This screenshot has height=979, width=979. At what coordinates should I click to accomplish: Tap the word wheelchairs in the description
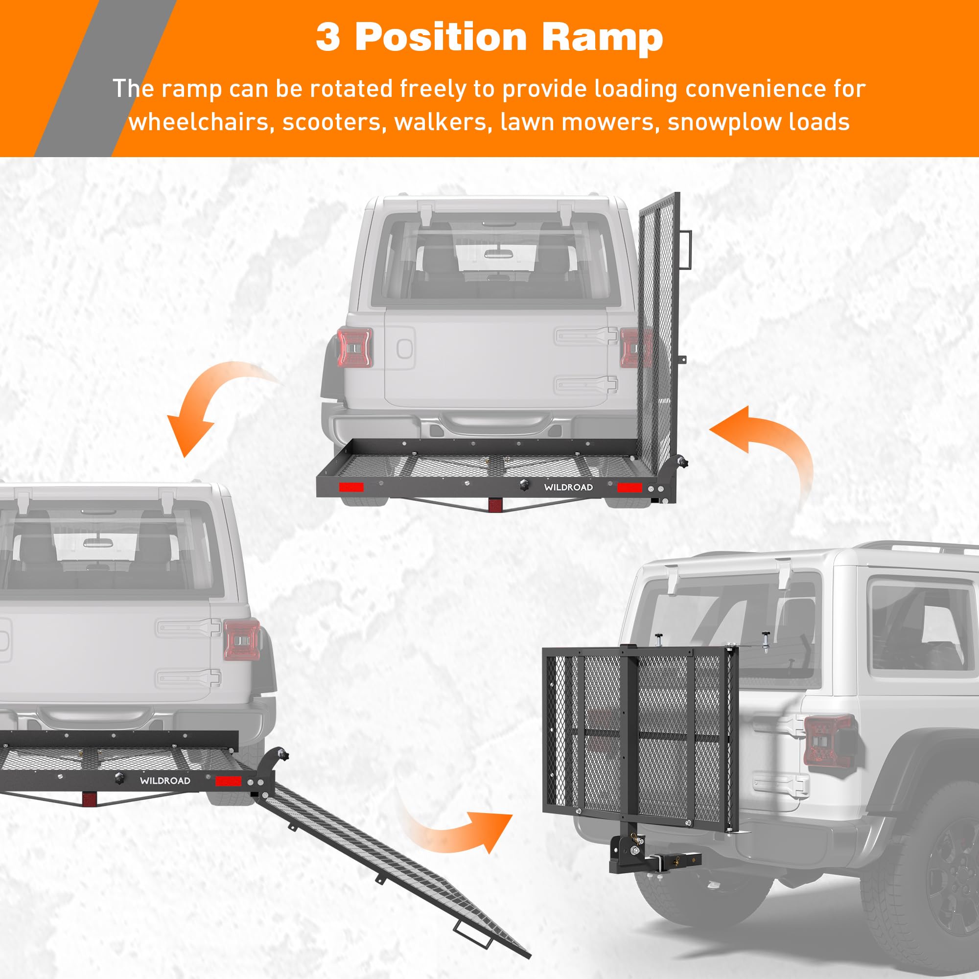pos(199,122)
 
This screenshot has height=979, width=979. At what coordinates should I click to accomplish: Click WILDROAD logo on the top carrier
pos(568,487)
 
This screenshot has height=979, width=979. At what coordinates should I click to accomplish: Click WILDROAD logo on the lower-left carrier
pos(165,781)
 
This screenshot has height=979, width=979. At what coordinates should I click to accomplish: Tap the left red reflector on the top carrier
pos(351,488)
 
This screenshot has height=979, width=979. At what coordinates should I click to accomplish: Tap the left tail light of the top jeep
pos(355,347)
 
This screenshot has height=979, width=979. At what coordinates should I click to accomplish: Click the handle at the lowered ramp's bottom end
pos(472,933)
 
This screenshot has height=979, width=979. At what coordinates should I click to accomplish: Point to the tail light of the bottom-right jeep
pos(829,741)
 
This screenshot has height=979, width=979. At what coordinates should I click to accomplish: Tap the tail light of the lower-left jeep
pos(242,639)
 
